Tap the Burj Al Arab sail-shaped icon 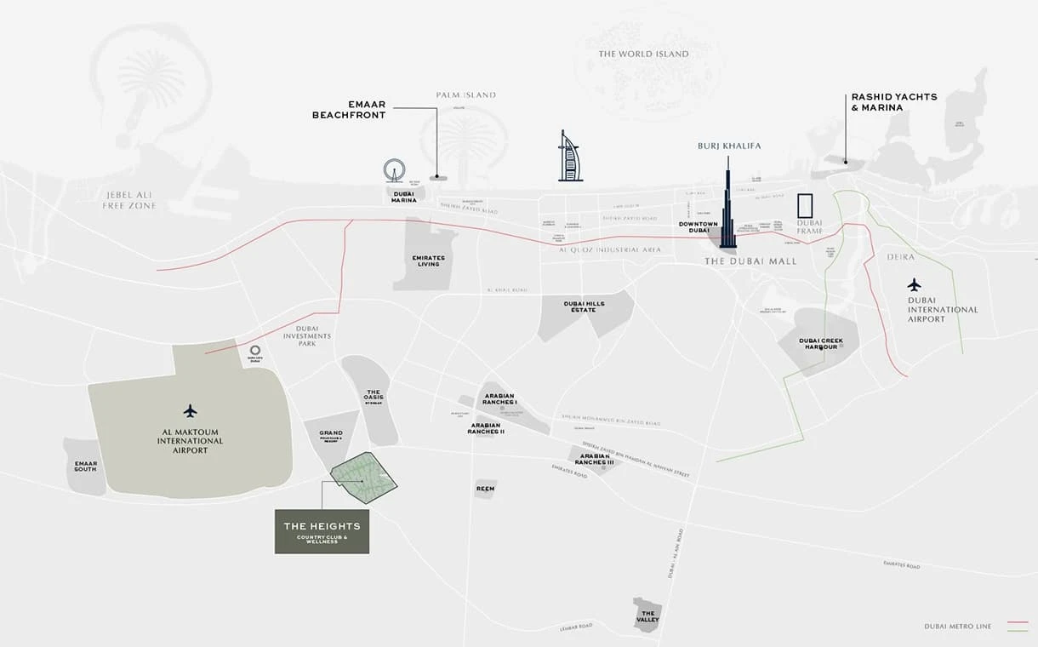pos(568,157)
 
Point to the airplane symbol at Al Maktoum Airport pos(190,411)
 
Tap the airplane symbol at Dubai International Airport pos(914,284)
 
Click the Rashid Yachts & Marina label pos(893,102)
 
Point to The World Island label pos(643,54)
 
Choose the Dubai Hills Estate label pos(584,306)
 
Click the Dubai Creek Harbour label pos(820,344)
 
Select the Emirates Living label pos(428,261)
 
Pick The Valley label pos(647,616)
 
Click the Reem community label pos(485,489)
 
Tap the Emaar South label pos(85,467)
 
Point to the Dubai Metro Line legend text pos(957,627)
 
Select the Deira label pos(900,256)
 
